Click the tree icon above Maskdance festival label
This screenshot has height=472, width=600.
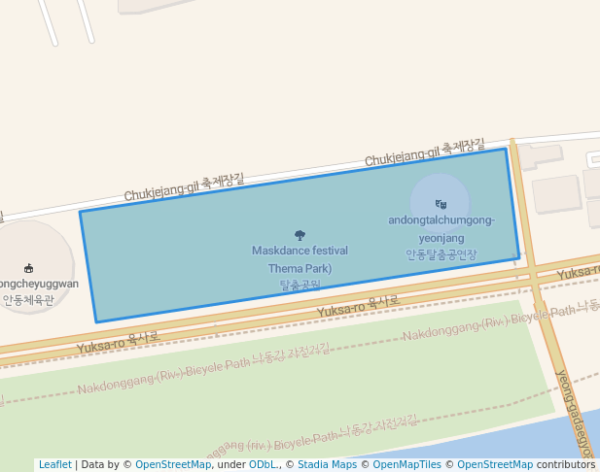tap(300, 235)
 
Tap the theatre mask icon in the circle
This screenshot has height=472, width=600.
tap(441, 204)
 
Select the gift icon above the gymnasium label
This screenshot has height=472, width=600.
tap(29, 268)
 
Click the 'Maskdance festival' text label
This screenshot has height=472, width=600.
tap(300, 251)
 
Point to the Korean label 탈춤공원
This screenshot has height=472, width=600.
tap(300, 286)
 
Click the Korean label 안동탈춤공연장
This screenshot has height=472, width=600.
tap(441, 254)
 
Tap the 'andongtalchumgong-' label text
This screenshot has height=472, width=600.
tap(441, 220)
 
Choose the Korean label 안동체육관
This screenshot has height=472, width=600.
tap(29, 300)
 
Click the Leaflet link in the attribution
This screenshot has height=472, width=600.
tap(54, 465)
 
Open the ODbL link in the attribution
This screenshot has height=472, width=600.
tap(263, 465)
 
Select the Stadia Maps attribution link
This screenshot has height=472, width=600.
tap(327, 465)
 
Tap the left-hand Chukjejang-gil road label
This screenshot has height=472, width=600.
tap(184, 188)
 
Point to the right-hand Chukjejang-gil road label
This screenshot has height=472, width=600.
tap(424, 152)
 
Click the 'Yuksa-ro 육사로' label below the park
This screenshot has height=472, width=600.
tap(358, 306)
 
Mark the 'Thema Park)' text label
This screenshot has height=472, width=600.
tap(300, 268)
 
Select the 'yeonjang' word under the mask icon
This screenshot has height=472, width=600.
tap(441, 238)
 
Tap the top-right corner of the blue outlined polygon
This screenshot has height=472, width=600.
tap(506, 149)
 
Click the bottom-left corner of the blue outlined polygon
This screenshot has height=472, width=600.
tap(95, 321)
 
